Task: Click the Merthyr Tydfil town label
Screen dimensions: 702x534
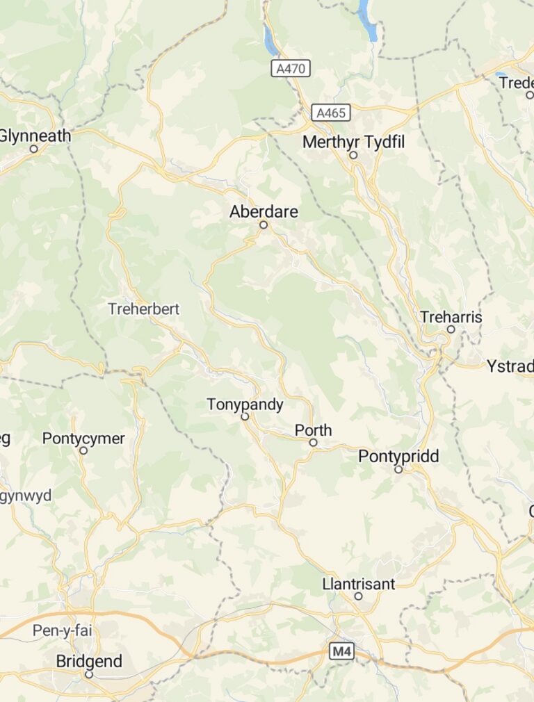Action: click(353, 142)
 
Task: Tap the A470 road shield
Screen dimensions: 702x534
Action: click(291, 68)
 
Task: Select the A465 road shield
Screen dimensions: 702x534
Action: click(331, 113)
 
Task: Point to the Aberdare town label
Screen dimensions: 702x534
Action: click(264, 211)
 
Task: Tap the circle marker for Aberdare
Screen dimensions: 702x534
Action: click(264, 225)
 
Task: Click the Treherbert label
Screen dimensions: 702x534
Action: click(144, 309)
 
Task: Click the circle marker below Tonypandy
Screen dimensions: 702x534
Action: click(245, 417)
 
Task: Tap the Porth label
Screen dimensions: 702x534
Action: click(313, 430)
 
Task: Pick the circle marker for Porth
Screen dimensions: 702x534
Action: click(314, 443)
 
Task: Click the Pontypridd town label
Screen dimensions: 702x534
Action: click(398, 457)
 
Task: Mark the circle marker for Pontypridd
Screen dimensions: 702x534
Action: click(398, 470)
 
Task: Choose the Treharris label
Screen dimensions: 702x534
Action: click(451, 317)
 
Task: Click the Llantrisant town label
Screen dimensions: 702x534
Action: click(358, 584)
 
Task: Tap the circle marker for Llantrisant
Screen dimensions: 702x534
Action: click(359, 596)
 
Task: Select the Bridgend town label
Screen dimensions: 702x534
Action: click(89, 661)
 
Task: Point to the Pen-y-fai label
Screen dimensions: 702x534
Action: click(62, 631)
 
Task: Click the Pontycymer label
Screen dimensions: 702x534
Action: click(83, 439)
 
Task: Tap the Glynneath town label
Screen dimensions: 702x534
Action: click(35, 136)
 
